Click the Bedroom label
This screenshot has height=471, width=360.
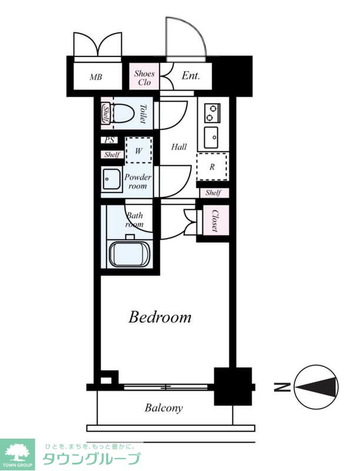pos(160,317)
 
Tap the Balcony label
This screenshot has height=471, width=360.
pos(164,408)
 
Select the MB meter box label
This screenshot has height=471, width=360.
pos(96,77)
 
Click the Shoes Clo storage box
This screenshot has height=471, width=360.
pos(144,77)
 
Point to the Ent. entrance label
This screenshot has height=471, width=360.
pos(191,76)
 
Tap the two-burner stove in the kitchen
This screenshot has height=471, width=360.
pos(213,113)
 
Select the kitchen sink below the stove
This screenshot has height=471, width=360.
pos(211,137)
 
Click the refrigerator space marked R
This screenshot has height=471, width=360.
pos(212,167)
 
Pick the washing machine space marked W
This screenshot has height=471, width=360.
pos(139,150)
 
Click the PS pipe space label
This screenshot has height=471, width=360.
pos(109,140)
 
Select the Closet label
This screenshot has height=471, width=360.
pos(215,220)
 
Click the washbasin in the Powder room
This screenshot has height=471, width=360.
pos(112,180)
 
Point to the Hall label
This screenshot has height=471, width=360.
pos(179,147)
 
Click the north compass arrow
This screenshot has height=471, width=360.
pos(316,387)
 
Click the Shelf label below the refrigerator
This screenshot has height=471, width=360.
pos(214,193)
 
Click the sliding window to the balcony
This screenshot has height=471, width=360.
pos(166,387)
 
